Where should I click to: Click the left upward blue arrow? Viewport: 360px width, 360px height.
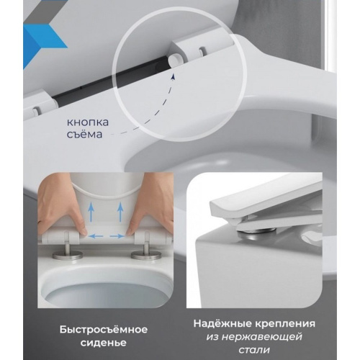coord(91,211)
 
